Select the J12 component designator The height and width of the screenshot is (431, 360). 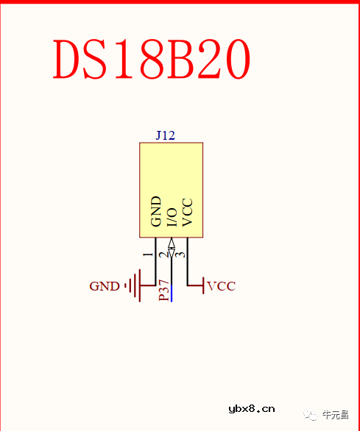click(165, 135)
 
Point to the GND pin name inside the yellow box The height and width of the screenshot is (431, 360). click(156, 211)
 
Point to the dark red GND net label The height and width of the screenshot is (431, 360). click(104, 286)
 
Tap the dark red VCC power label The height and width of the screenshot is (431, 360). click(222, 286)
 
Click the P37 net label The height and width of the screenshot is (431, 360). click(165, 291)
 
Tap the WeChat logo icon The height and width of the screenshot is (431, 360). click(311, 415)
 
